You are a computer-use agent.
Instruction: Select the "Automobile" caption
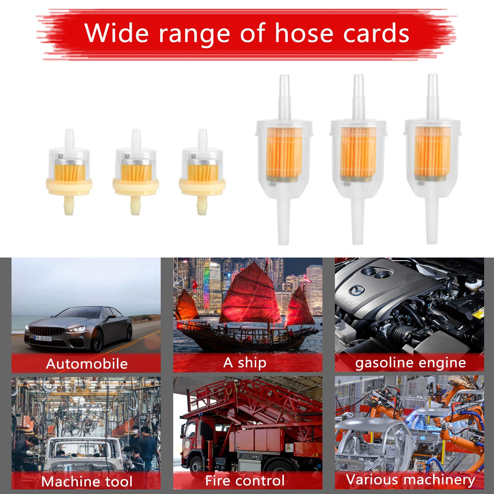[x=87, y=364]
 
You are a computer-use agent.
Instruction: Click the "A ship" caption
[x=245, y=363]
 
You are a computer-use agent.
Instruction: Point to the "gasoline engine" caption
[x=410, y=363]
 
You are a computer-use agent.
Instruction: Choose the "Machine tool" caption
[x=87, y=481]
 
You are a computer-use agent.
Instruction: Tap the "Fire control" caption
[x=245, y=480]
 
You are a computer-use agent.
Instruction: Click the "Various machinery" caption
[x=410, y=480]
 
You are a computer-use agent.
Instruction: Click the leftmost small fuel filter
[x=69, y=172]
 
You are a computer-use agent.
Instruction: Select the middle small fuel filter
[x=136, y=172]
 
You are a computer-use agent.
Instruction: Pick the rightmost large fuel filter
[x=432, y=159]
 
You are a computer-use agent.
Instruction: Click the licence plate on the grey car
[x=43, y=338]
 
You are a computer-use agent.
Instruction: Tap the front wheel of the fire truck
[x=197, y=468]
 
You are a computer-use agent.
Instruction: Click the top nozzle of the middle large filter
[x=358, y=97]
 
